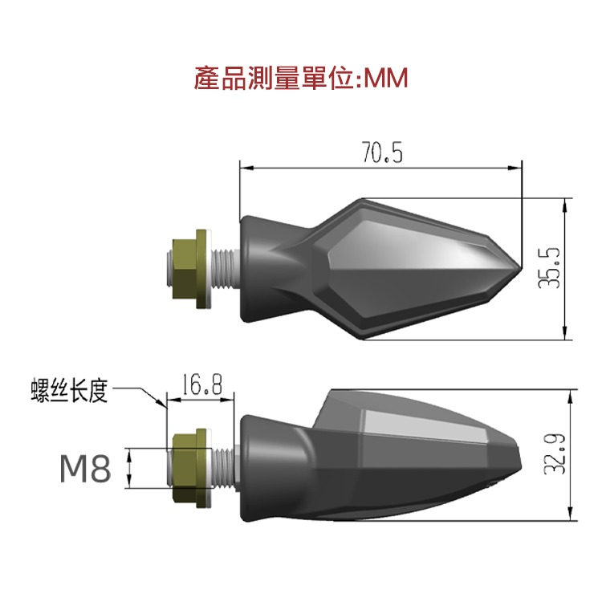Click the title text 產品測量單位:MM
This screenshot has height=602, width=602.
point(301,79)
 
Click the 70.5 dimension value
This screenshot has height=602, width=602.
point(380,153)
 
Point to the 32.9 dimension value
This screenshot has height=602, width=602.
point(552,455)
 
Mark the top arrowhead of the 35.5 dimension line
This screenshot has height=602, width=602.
point(567,203)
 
